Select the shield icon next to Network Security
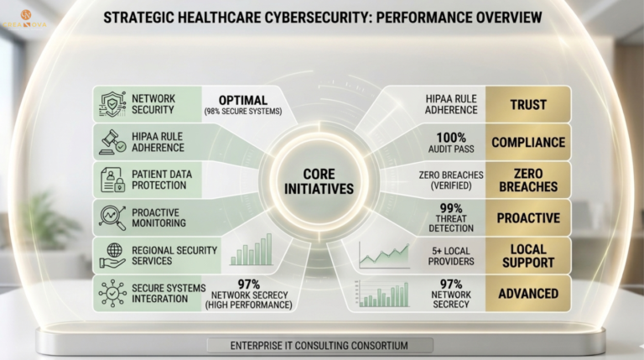(x=112, y=104)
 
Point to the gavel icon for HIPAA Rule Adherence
(x=112, y=141)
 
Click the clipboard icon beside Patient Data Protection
(x=112, y=178)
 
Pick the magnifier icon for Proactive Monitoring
(x=112, y=217)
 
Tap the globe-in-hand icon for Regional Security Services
(x=112, y=254)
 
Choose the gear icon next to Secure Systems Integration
(x=112, y=293)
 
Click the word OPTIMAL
(x=243, y=100)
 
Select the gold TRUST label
(x=527, y=105)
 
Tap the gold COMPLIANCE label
(x=527, y=142)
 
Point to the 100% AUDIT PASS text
(x=452, y=142)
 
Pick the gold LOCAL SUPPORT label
(x=527, y=255)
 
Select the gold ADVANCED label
(x=527, y=293)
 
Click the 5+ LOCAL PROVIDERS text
(x=452, y=255)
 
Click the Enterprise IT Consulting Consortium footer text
(x=319, y=345)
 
